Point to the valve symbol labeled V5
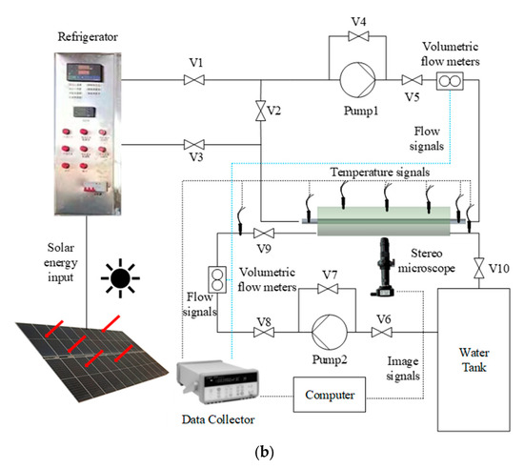(x=413, y=81)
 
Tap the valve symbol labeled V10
(x=478, y=269)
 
